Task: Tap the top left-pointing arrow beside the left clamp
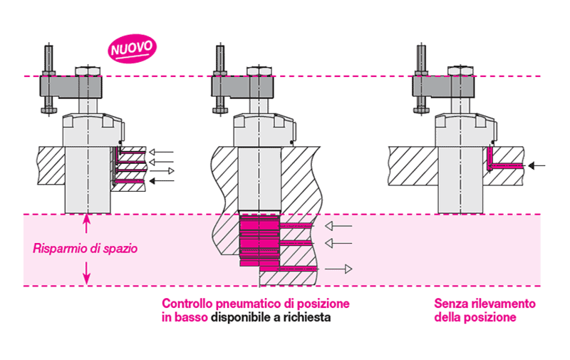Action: (x=164, y=152)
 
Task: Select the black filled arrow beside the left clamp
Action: (x=163, y=181)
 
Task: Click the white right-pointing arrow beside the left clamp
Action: (x=165, y=171)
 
